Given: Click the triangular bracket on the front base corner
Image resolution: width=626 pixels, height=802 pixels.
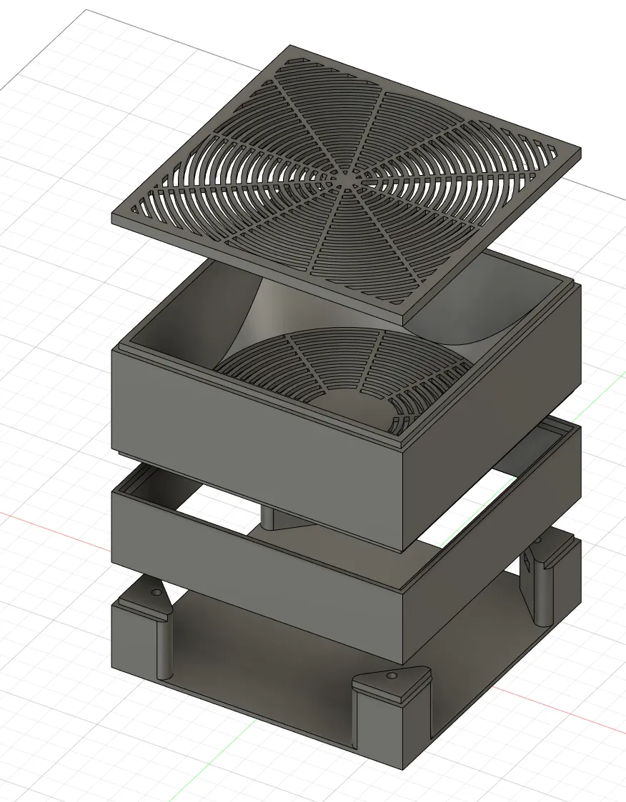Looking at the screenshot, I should coord(393,685).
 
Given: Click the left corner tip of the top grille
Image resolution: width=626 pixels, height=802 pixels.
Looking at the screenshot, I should coord(114,216).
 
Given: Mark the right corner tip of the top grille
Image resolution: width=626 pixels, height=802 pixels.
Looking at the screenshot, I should coord(579,152).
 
